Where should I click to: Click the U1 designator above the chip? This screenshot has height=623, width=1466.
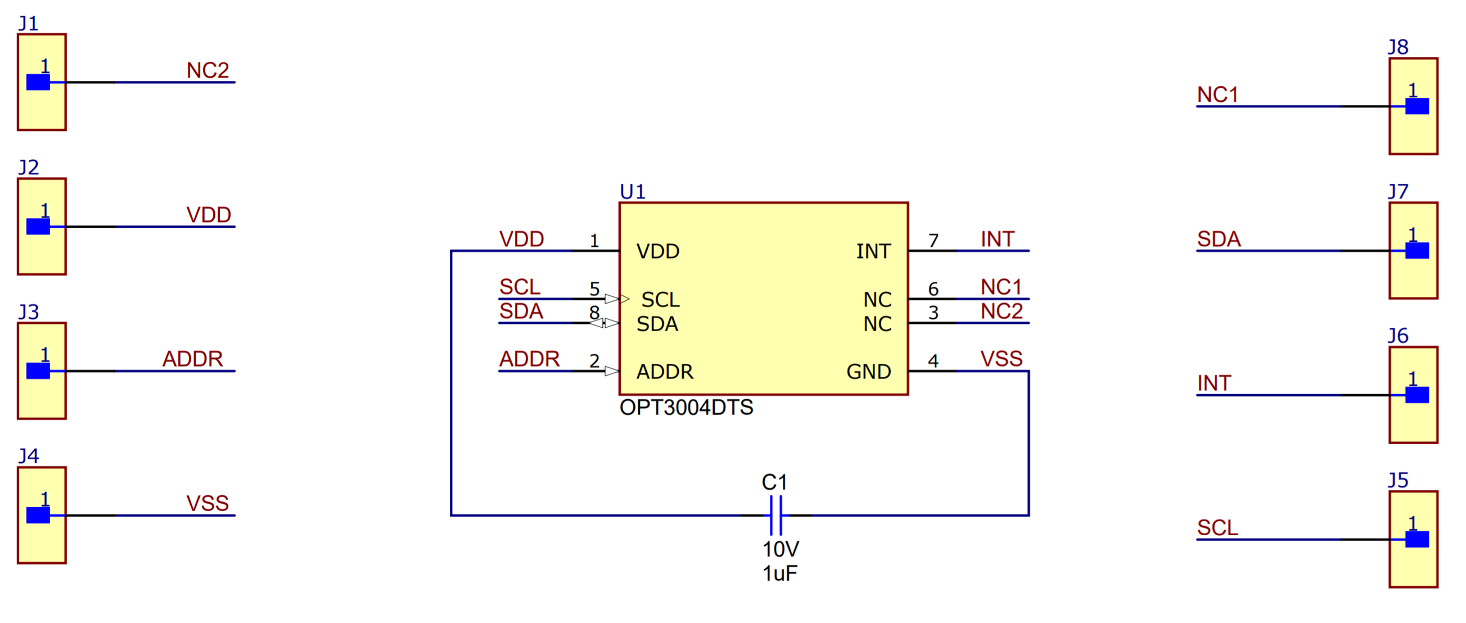632,192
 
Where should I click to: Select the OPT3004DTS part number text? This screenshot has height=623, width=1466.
686,408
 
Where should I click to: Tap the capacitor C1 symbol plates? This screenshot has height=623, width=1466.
776,515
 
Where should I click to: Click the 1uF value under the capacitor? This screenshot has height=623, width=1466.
779,573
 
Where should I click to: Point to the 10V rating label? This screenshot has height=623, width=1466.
780,549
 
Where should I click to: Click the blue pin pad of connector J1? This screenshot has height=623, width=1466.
38,83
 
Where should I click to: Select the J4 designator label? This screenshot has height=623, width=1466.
29,456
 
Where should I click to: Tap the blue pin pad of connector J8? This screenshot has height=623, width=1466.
1417,106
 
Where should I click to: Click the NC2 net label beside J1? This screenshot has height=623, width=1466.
208,70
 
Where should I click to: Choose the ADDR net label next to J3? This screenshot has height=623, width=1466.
192,359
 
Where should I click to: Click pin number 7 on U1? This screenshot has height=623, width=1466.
933,241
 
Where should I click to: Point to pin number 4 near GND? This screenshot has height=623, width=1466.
933,361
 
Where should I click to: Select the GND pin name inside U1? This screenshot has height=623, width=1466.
868,372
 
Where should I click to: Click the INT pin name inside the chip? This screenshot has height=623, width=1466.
873,251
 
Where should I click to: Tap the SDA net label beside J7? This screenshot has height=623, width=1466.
1219,239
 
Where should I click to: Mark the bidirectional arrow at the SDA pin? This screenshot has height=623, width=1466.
605,323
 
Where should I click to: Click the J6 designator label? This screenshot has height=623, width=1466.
1398,336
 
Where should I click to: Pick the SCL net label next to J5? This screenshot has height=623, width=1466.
1217,527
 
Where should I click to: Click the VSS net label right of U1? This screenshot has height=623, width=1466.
1002,359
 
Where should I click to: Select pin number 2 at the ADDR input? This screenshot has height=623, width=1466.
594,361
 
